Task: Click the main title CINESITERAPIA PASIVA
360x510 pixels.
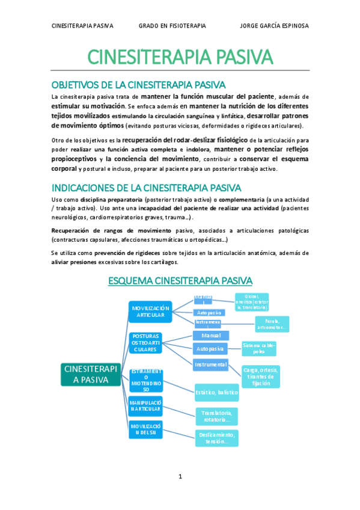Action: pos(180,57)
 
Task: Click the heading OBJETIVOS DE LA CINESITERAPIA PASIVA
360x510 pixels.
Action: pos(138,85)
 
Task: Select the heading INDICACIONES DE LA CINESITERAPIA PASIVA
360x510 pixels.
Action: pos(146,187)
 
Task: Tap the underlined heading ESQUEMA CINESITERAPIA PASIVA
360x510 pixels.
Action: pos(180,280)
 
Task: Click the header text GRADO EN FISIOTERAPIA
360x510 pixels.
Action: pos(172,26)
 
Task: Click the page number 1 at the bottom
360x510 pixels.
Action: pos(180,476)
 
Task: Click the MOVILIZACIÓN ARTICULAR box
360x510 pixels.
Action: pos(150,312)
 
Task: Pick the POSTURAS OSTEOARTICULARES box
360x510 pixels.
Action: pos(145,342)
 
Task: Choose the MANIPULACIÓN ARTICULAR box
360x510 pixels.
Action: pos(145,405)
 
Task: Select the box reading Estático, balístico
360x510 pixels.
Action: pos(216,392)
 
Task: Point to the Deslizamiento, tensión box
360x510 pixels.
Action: pos(217,437)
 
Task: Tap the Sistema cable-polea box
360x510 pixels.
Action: pos(259,348)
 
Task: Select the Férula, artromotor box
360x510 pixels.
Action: pos(272,324)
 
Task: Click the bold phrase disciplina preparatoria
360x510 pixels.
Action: pos(111,199)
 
